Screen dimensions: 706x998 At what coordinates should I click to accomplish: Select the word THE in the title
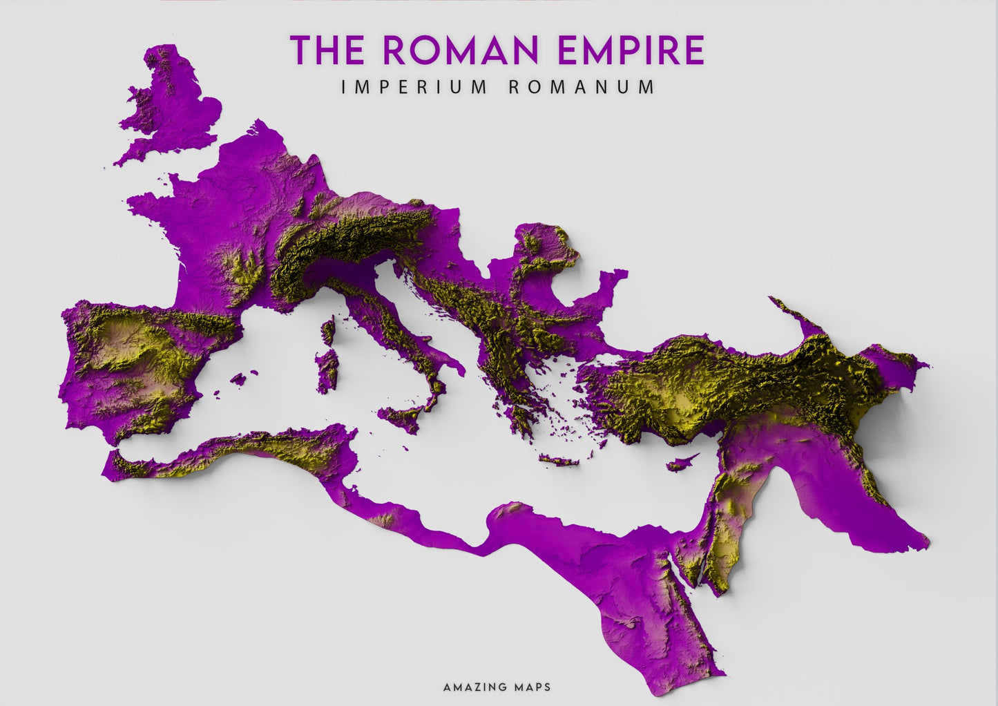[x=327, y=50]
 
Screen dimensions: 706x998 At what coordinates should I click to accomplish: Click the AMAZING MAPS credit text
[x=497, y=687]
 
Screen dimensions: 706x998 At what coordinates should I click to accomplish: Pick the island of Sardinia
[x=327, y=370]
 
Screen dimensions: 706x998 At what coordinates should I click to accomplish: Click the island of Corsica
[x=328, y=331]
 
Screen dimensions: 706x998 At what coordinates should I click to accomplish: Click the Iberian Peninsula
[x=138, y=366]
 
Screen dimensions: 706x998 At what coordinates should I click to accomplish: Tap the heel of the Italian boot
[x=452, y=363]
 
